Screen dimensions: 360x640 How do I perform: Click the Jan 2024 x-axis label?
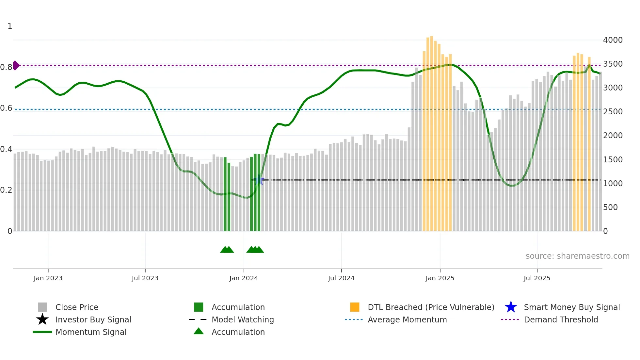tap(244, 278)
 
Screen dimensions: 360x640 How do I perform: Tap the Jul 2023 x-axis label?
tap(145, 278)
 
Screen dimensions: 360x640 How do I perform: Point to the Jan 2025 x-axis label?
tap(440, 278)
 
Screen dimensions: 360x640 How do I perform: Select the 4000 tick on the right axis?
tap(613, 40)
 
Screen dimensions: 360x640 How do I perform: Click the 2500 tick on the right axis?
tap(613, 112)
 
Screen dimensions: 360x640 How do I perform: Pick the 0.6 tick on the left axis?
tap(6, 108)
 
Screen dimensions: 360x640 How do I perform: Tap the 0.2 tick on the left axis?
tap(6, 190)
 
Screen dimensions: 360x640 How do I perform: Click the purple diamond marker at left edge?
tap(16, 65)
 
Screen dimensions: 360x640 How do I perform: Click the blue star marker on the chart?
tap(260, 180)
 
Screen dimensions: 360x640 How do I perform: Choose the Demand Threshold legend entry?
tap(561, 319)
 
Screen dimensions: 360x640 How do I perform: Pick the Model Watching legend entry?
tap(243, 319)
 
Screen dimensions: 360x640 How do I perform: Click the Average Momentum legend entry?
tap(407, 319)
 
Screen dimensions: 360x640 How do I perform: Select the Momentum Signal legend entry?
tap(91, 332)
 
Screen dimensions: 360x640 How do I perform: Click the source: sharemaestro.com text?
tap(577, 256)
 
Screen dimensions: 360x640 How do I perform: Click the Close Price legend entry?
tap(76, 307)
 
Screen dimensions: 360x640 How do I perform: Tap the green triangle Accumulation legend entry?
tap(238, 332)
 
